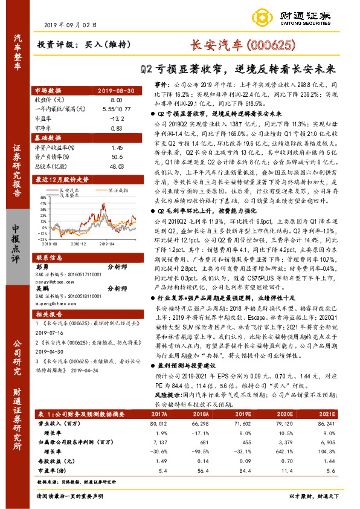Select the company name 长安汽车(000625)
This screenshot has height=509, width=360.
pos(242,45)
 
